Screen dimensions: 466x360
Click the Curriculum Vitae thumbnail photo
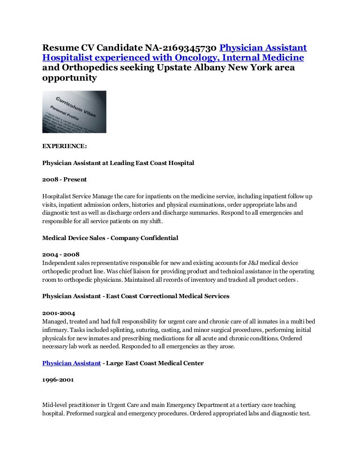coord(74,112)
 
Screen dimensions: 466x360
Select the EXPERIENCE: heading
coord(64,146)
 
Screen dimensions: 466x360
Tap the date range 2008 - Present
coord(64,179)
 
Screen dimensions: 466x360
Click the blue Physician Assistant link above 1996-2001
coord(71,363)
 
